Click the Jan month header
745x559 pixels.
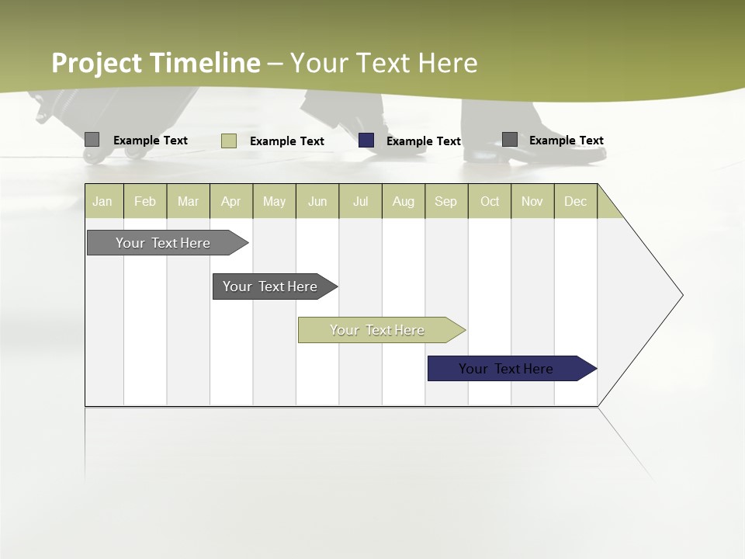(x=103, y=201)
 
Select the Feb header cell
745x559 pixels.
(x=145, y=201)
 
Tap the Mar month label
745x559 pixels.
(x=188, y=201)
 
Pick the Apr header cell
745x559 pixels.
(x=231, y=201)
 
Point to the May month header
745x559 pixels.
(x=274, y=201)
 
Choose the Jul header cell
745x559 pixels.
(x=360, y=201)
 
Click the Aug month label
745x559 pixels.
(x=403, y=201)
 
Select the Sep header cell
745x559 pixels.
(x=446, y=201)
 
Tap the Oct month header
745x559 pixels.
(x=490, y=201)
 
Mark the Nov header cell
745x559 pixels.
(x=532, y=201)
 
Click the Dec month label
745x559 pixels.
(x=575, y=201)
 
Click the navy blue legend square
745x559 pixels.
(x=366, y=141)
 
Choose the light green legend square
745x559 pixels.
(x=229, y=141)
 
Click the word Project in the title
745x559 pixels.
(x=97, y=63)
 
